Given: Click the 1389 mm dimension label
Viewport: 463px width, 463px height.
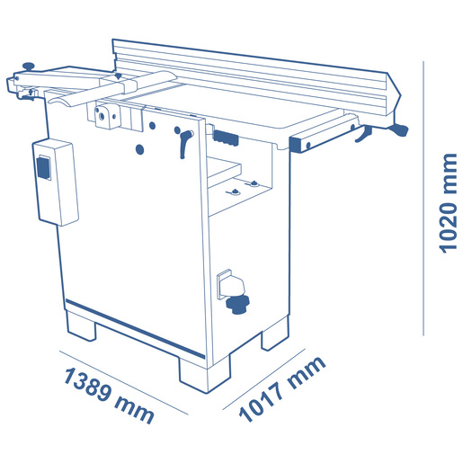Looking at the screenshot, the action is point(109,395).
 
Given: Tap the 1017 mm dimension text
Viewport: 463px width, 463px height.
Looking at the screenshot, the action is point(281,389).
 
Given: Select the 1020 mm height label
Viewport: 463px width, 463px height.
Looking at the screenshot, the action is point(448,203).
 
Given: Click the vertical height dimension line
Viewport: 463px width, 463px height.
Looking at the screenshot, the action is point(423,198).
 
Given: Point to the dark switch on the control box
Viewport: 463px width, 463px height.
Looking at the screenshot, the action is point(43,168).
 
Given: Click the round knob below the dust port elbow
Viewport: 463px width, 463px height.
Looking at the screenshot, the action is point(237,305).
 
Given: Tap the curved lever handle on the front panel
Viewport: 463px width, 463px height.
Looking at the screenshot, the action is point(185,143).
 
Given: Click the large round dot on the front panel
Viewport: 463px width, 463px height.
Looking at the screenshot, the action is point(139,149).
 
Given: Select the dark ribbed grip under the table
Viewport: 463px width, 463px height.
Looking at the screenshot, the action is point(226,138).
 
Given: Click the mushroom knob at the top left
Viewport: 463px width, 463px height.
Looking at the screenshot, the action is point(29,67).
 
